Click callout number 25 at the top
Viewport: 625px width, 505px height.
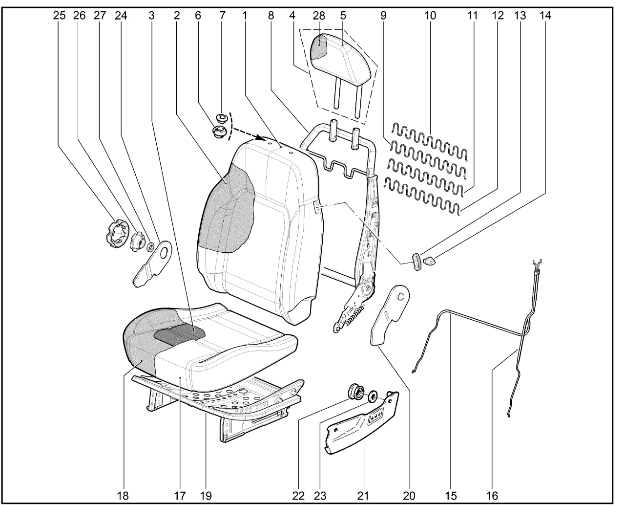pos(59,15)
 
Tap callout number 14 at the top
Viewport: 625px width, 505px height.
pos(545,15)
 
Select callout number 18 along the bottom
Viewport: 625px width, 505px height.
pos(123,495)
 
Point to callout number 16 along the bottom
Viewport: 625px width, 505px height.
pos(492,495)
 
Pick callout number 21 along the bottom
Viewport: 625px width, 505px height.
pos(362,495)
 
